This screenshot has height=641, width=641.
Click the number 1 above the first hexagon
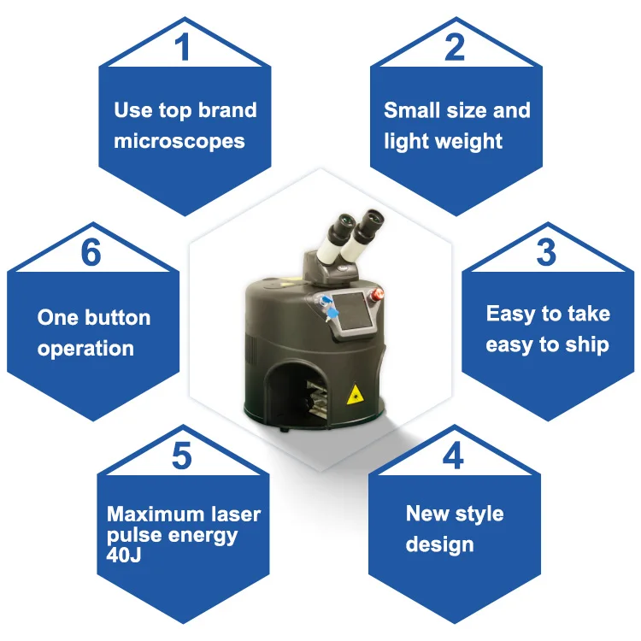click(x=183, y=47)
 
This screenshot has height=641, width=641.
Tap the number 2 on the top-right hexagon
click(x=455, y=47)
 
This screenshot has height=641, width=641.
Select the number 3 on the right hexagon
click(x=546, y=252)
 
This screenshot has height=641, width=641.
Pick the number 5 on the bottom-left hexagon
click(x=182, y=456)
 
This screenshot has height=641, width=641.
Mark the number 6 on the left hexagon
click(x=91, y=253)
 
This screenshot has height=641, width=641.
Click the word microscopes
click(x=179, y=141)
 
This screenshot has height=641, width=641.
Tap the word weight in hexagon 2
click(x=468, y=142)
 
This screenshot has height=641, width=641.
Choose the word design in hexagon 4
click(x=439, y=544)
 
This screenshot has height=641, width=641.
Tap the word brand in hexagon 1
click(x=226, y=110)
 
